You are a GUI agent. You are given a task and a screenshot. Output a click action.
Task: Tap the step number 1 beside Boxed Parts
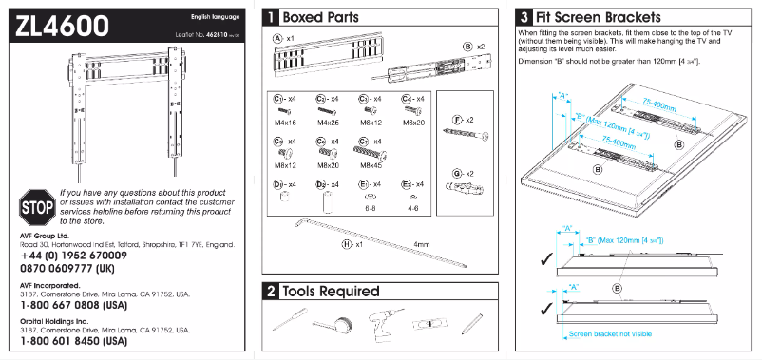coord(272,16)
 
